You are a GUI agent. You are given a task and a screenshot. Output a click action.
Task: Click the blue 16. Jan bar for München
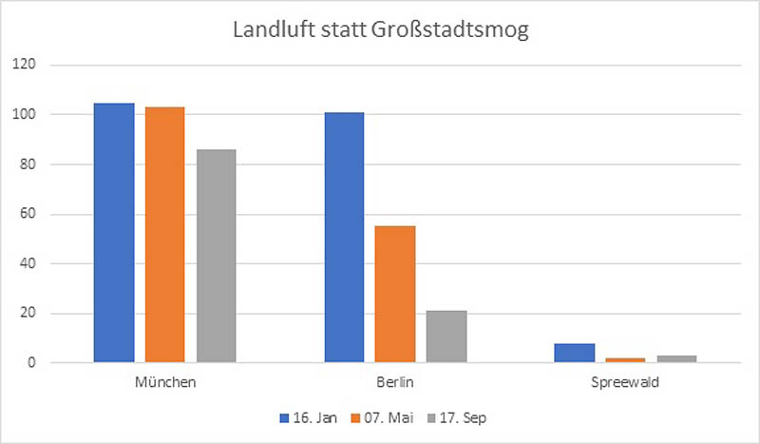tap(114, 233)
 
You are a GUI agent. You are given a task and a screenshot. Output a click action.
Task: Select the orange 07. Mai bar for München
tap(165, 235)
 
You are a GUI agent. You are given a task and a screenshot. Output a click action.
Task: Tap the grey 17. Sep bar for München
tap(217, 256)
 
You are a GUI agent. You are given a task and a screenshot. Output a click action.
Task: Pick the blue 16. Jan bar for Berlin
tap(344, 238)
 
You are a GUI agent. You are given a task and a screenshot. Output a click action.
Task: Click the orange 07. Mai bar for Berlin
tap(395, 294)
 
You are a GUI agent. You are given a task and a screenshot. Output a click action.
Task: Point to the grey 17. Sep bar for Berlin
tap(446, 337)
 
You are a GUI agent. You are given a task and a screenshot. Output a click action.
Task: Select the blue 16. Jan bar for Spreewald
tap(574, 353)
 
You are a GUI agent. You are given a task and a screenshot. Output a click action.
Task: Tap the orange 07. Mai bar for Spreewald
tap(625, 359)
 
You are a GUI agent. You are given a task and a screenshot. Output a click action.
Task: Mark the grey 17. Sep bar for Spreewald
tap(676, 358)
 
